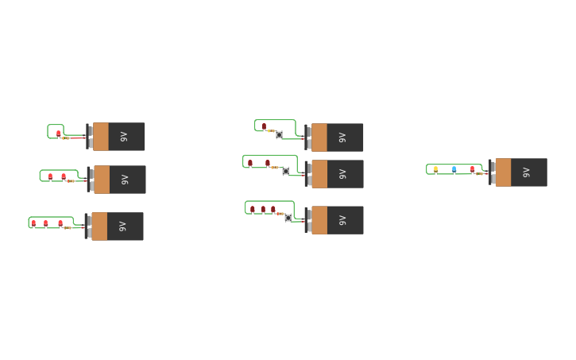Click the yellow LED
coord(435,169)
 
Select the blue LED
coord(454,169)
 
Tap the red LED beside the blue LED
coord(472,169)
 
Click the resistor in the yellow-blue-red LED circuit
coord(480,173)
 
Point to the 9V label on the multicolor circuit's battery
coord(525,172)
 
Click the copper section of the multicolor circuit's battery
coord(503,172)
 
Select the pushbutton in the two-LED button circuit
coord(286,171)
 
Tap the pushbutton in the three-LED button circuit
coord(288,217)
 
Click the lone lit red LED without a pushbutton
coord(59,134)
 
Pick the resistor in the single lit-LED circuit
coord(66,138)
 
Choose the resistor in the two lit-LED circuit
coord(71,181)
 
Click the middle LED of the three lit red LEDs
coord(46,223)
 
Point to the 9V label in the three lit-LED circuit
coord(122,226)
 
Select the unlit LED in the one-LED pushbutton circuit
coord(265,126)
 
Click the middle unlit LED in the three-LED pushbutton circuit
coord(263,210)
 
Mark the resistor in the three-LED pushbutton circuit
coord(280,213)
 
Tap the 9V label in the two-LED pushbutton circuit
coord(342,174)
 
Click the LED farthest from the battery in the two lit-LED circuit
coord(50,176)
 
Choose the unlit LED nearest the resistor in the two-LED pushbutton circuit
coord(268,163)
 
